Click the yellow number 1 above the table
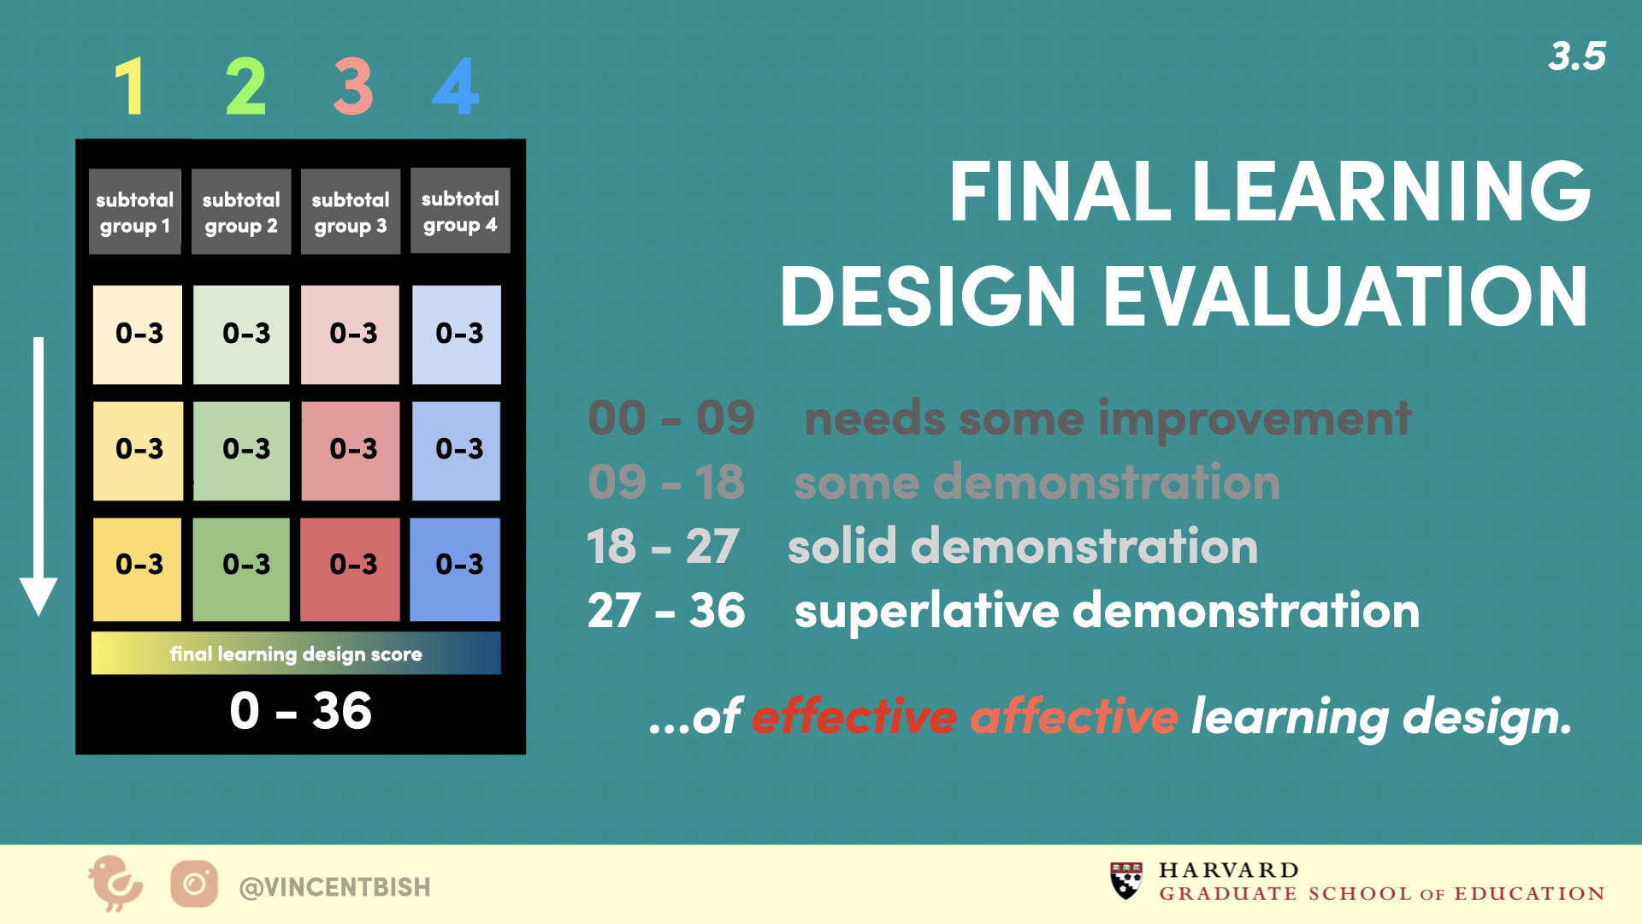pyautogui.click(x=130, y=86)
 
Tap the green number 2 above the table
pyautogui.click(x=245, y=86)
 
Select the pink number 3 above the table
pyautogui.click(x=352, y=86)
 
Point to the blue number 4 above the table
pyautogui.click(x=456, y=86)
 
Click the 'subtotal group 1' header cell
pyautogui.click(x=135, y=211)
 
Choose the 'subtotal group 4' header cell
pyautogui.click(x=460, y=210)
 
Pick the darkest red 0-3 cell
pyautogui.click(x=350, y=569)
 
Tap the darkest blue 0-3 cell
pyautogui.click(x=455, y=569)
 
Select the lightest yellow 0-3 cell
pyautogui.click(x=137, y=335)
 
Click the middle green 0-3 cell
pyautogui.click(x=241, y=451)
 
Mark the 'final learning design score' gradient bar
pyautogui.click(x=296, y=653)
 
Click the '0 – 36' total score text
pyautogui.click(x=300, y=711)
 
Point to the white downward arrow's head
pyautogui.click(x=38, y=595)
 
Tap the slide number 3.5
pyautogui.click(x=1577, y=56)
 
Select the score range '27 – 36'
pyautogui.click(x=666, y=610)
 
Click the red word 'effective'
pyautogui.click(x=854, y=715)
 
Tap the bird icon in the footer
pyautogui.click(x=115, y=883)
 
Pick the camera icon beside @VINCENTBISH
pyautogui.click(x=194, y=884)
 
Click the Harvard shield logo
pyautogui.click(x=1126, y=880)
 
